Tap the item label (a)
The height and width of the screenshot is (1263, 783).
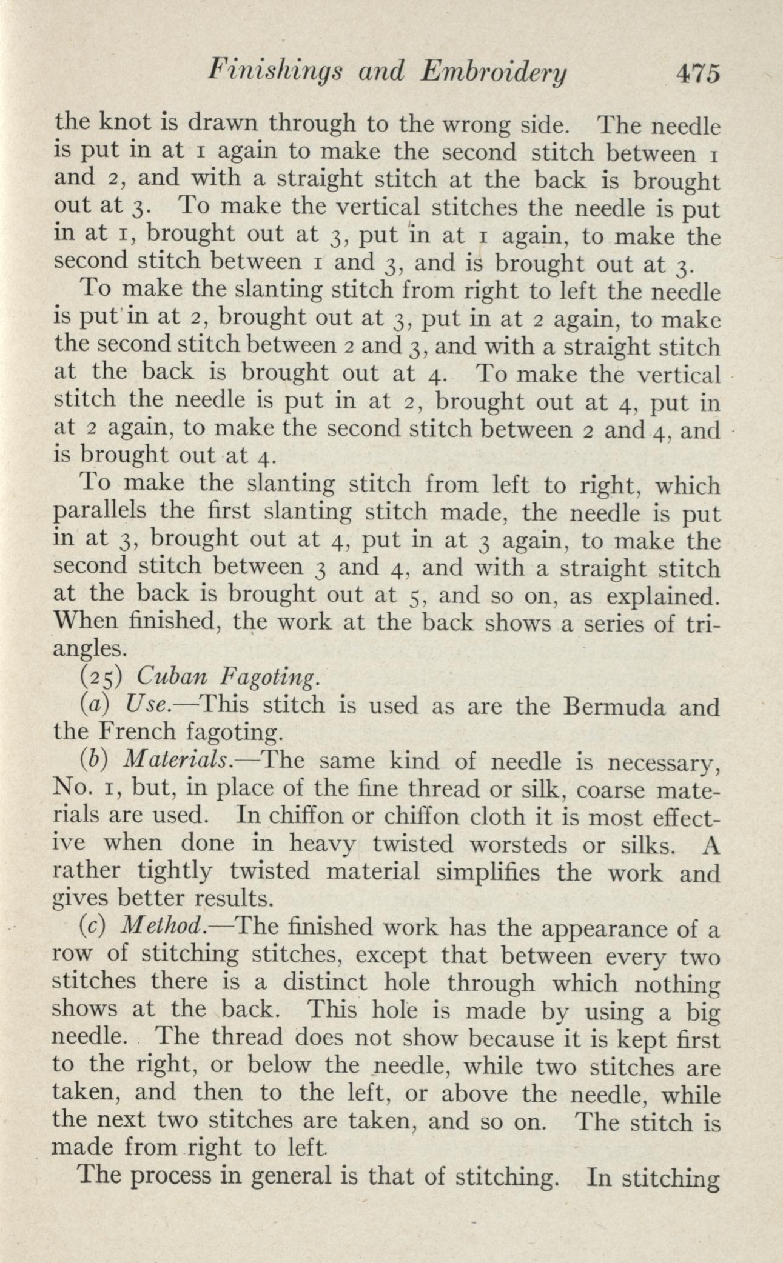click(92, 705)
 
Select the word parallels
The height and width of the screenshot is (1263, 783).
click(100, 512)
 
